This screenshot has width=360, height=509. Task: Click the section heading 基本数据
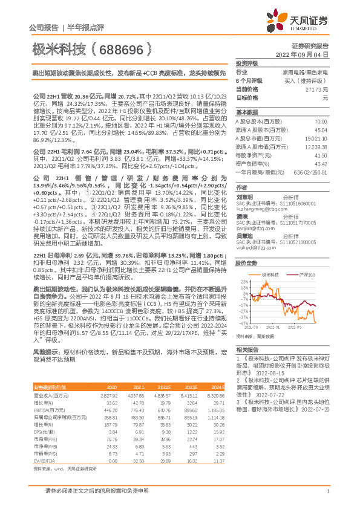(x=246, y=112)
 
